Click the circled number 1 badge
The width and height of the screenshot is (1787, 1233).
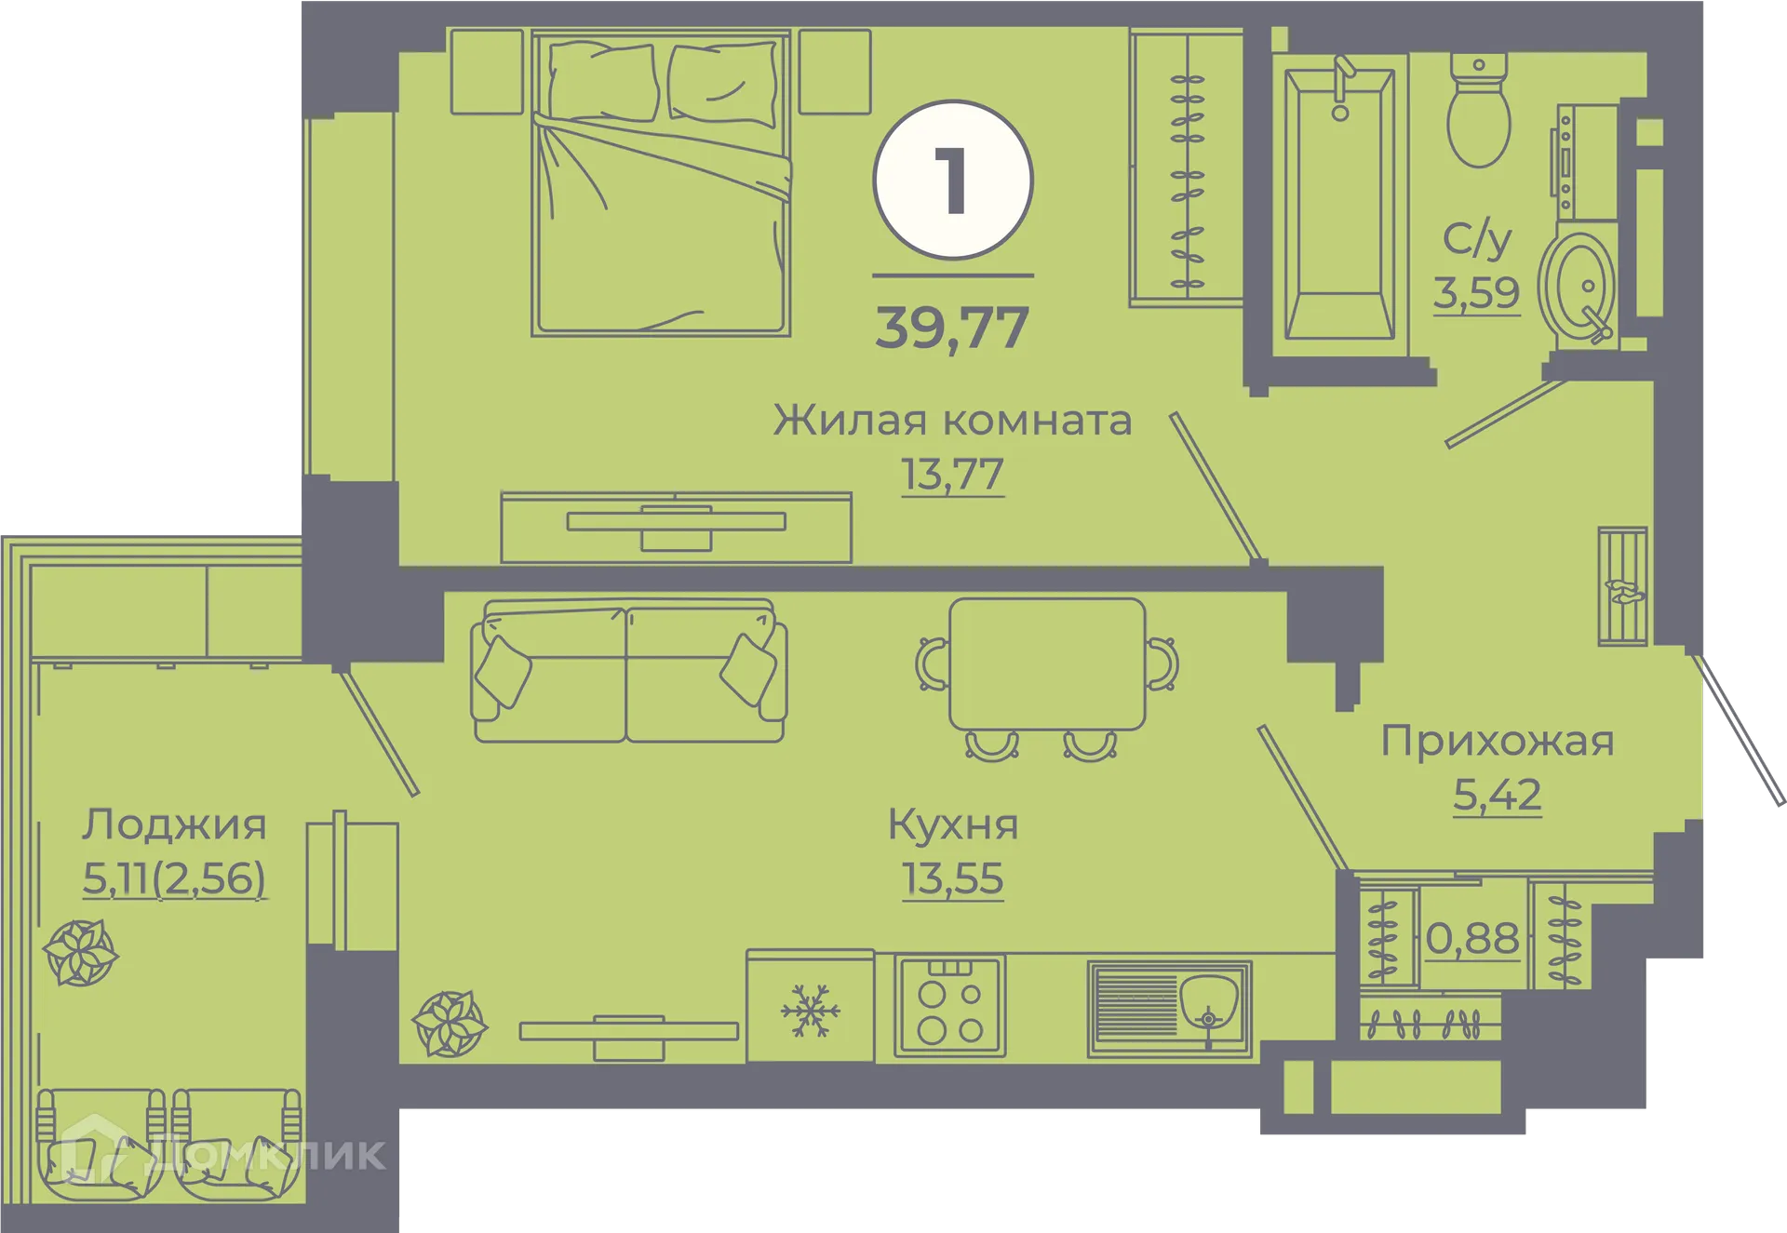coord(953,180)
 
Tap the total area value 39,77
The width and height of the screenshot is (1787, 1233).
coord(952,328)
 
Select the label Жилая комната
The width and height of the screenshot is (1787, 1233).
coord(952,421)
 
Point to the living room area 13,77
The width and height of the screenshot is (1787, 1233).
coord(952,475)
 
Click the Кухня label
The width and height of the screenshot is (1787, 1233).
coord(953,824)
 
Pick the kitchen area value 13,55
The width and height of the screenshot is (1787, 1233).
coord(952,878)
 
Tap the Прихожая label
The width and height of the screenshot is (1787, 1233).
coord(1497,741)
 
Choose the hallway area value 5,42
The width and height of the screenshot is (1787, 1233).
coord(1497,795)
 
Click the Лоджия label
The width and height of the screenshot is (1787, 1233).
coord(174,824)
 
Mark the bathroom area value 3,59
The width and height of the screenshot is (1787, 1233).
coord(1476,293)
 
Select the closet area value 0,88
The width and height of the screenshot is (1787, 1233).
coord(1472,939)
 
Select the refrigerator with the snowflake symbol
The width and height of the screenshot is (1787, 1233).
coord(810,1009)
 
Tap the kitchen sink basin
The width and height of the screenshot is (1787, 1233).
coord(1208,1000)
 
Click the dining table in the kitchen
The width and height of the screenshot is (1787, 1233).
coord(1047,663)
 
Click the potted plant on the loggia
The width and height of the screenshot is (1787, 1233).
coord(81,952)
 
